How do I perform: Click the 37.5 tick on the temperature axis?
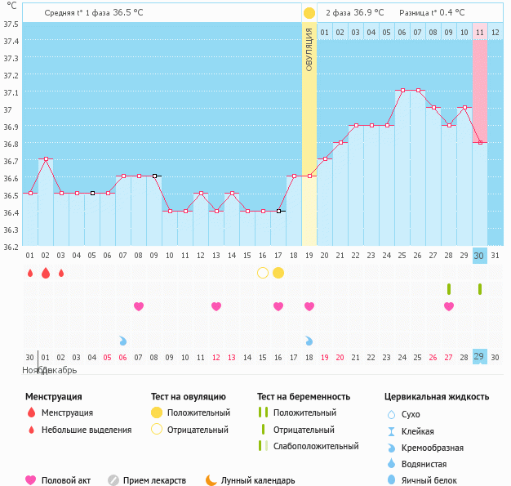tap(11, 24)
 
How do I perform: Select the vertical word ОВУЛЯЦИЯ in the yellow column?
tap(309, 49)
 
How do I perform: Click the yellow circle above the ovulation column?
tap(309, 13)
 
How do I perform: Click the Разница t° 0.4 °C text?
tap(432, 13)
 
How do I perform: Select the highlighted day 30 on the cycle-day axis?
tap(480, 255)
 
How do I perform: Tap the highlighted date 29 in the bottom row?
tap(480, 357)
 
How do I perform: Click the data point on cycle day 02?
tap(46, 158)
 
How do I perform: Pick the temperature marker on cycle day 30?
tap(480, 142)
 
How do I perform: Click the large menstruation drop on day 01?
tap(30, 272)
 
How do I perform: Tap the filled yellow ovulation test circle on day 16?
tap(278, 272)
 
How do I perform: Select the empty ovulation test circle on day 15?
tap(263, 272)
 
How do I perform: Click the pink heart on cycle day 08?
tap(139, 306)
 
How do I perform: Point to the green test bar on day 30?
tap(480, 288)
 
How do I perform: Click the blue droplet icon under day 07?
tap(123, 341)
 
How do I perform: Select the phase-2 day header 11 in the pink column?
tap(480, 32)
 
